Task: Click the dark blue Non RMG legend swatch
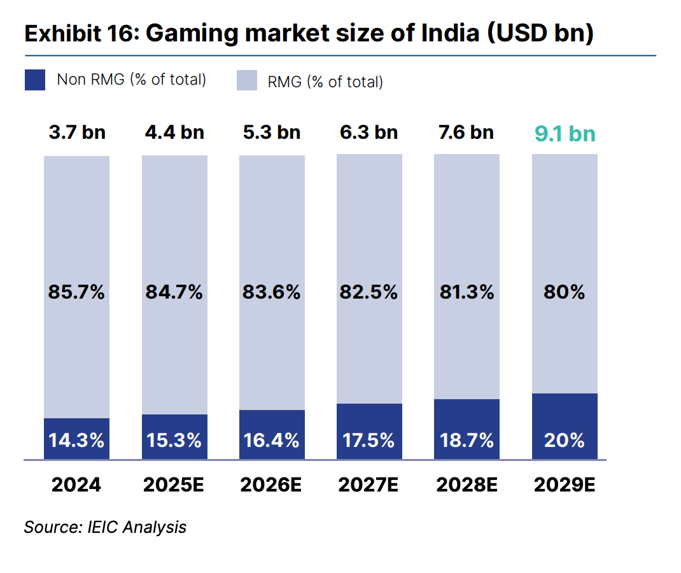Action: [x=35, y=80]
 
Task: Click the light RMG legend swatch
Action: [x=247, y=80]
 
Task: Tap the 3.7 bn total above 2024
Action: [x=77, y=132]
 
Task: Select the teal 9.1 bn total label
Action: [x=564, y=134]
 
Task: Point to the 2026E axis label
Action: [x=271, y=485]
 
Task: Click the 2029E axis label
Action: [x=565, y=485]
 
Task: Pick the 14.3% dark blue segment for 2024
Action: [x=77, y=439]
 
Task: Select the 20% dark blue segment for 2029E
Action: [x=565, y=427]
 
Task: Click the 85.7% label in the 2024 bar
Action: [x=77, y=292]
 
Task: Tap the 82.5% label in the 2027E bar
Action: [x=369, y=292]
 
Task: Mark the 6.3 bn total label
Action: [x=369, y=132]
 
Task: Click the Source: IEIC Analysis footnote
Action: [x=105, y=527]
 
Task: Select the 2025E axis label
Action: [x=174, y=485]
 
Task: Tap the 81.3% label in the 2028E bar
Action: [x=467, y=292]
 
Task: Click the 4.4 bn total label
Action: [x=174, y=132]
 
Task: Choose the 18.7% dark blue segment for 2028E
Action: [x=467, y=430]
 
